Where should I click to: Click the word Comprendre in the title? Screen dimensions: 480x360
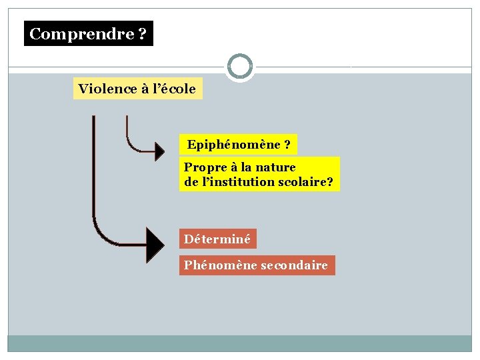point(82,34)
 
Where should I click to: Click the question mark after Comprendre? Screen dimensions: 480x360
point(143,34)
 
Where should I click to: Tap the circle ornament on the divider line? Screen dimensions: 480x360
point(240,67)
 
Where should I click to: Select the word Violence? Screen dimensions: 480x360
point(106,89)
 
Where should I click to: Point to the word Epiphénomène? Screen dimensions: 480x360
point(233,145)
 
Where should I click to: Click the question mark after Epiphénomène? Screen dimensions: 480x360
point(287,145)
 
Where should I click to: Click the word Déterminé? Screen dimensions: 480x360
point(217,239)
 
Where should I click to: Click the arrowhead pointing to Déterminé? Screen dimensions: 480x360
point(155,245)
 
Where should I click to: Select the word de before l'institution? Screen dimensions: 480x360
point(191,181)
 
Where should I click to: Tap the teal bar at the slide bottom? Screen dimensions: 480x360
point(240,343)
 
